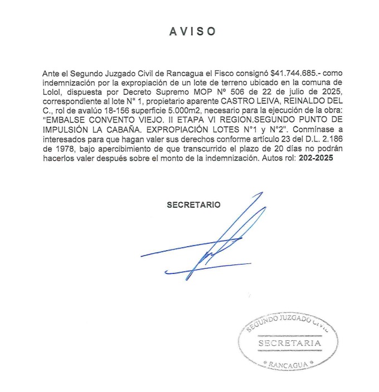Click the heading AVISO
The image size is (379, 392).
(x=192, y=31)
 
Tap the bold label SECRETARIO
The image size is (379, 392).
(x=193, y=205)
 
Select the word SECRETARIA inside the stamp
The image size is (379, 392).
(x=290, y=343)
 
